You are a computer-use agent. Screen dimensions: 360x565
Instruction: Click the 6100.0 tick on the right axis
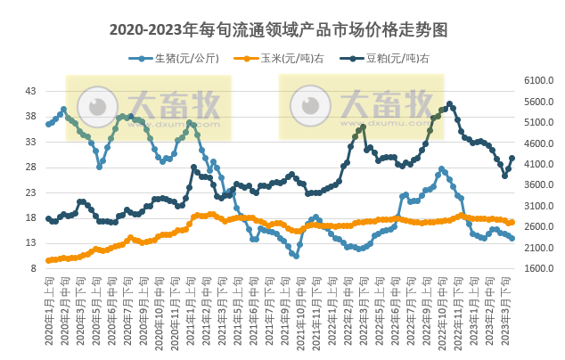(x=540, y=80)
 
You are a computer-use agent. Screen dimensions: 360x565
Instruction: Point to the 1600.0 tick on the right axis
(x=540, y=268)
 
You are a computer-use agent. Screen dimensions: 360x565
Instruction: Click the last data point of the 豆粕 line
(x=512, y=159)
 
